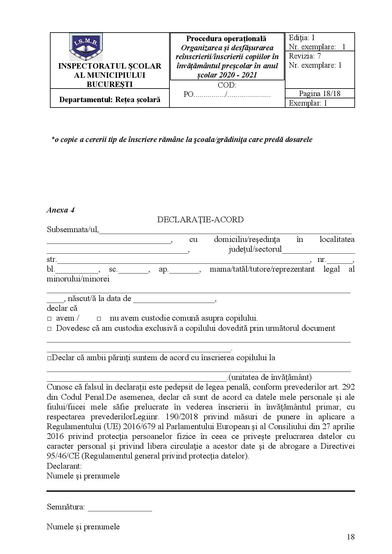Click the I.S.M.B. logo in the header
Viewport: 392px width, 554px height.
click(86, 47)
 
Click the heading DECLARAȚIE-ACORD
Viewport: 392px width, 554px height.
click(200, 220)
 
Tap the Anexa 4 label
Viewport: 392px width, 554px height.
click(60, 210)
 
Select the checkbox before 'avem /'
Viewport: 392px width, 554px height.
click(49, 319)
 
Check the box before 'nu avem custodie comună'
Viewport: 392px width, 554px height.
click(99, 319)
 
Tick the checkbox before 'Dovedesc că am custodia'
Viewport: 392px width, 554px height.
click(49, 329)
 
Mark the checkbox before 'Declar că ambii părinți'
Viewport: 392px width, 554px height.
click(49, 358)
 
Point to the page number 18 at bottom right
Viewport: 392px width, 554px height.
click(350, 537)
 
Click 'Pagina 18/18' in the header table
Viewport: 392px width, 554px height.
click(319, 94)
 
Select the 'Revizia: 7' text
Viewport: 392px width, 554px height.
click(305, 56)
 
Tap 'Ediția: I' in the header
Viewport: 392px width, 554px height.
click(302, 38)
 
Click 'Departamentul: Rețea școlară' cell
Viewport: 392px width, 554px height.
click(110, 100)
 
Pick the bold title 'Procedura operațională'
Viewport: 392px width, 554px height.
click(226, 39)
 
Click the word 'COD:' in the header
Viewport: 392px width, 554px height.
click(227, 85)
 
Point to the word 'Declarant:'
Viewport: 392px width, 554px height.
click(64, 466)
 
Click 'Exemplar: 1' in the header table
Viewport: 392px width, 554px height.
click(308, 103)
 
